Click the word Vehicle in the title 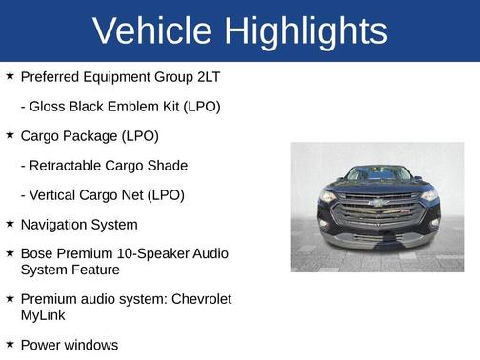click(x=153, y=31)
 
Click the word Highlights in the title click(x=306, y=31)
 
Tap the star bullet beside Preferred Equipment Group click(x=10, y=75)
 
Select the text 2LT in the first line click(x=212, y=76)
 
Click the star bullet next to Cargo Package click(x=10, y=135)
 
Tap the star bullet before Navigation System click(x=10, y=224)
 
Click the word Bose click(x=37, y=254)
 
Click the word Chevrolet click(x=201, y=299)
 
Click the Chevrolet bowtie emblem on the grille click(x=377, y=203)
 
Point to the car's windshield click(x=377, y=174)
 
